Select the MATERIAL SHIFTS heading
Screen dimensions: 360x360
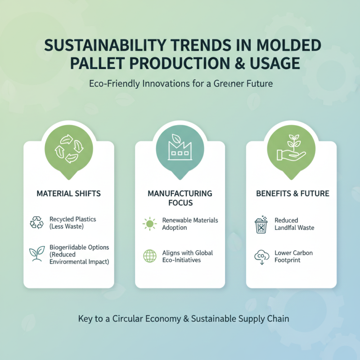pyautogui.click(x=68, y=193)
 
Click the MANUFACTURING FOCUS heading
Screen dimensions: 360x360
pyautogui.click(x=180, y=198)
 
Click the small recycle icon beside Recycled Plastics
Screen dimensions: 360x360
pyautogui.click(x=36, y=223)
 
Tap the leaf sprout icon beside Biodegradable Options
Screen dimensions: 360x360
pyautogui.click(x=36, y=254)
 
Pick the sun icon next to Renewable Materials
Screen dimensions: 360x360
pyautogui.click(x=148, y=224)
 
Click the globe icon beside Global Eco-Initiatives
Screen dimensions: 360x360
pyautogui.click(x=148, y=256)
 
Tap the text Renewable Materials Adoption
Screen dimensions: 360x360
pyautogui.click(x=190, y=224)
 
